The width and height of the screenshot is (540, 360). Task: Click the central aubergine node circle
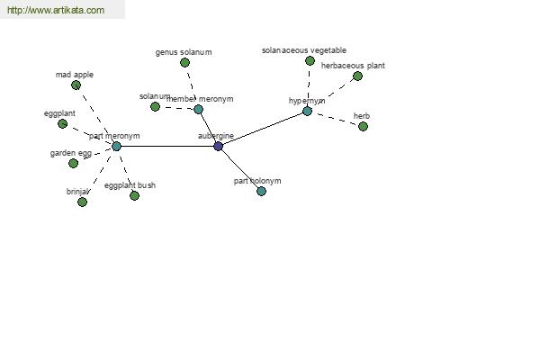(218, 146)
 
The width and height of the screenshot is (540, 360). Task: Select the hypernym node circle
(307, 111)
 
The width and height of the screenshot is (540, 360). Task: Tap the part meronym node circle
(116, 146)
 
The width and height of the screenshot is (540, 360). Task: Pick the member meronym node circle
(198, 109)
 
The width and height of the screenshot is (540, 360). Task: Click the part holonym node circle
(261, 191)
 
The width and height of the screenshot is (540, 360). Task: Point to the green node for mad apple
(76, 85)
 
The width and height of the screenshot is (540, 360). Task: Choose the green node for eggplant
(62, 123)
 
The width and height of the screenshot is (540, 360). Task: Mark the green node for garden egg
(73, 163)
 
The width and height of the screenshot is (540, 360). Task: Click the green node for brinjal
(82, 202)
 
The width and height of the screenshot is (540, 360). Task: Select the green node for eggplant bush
(134, 195)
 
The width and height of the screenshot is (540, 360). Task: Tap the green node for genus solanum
(184, 62)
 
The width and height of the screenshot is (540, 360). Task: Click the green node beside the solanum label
(155, 106)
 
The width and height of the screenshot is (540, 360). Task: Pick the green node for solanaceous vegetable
(310, 60)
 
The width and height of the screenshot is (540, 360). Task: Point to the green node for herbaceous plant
(357, 76)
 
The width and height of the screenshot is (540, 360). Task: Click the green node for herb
(363, 126)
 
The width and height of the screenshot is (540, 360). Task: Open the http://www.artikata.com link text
(56, 10)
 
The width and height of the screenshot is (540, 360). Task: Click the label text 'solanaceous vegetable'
(303, 50)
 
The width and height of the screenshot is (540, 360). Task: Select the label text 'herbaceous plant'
(353, 66)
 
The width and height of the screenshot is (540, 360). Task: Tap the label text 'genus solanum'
(184, 52)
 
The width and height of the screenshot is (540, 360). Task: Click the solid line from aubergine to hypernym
(263, 128)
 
